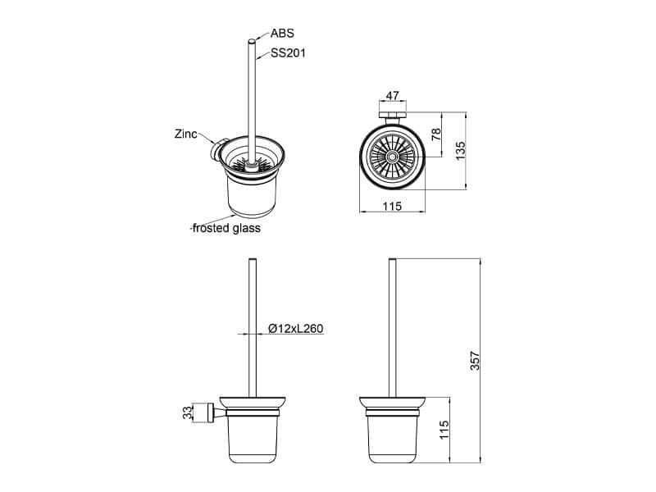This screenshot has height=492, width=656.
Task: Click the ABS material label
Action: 282,33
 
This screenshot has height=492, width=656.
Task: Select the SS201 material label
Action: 288,53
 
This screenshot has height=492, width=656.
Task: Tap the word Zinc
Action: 186,134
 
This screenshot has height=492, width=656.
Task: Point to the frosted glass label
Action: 226,228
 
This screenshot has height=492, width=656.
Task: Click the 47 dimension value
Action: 392,96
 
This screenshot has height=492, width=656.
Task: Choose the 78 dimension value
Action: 436,134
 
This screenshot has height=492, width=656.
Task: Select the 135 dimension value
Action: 460,151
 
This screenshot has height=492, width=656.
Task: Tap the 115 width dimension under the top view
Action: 392,206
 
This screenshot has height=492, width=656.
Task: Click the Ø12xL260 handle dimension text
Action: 296,329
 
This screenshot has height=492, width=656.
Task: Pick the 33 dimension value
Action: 189,412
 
